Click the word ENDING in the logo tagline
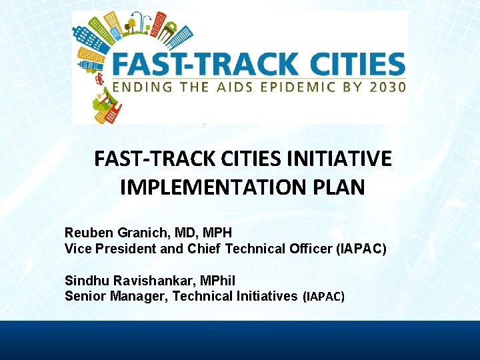click(141, 87)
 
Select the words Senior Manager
click(114, 296)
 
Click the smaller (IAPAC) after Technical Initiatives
click(323, 297)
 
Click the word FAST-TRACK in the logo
click(203, 64)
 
